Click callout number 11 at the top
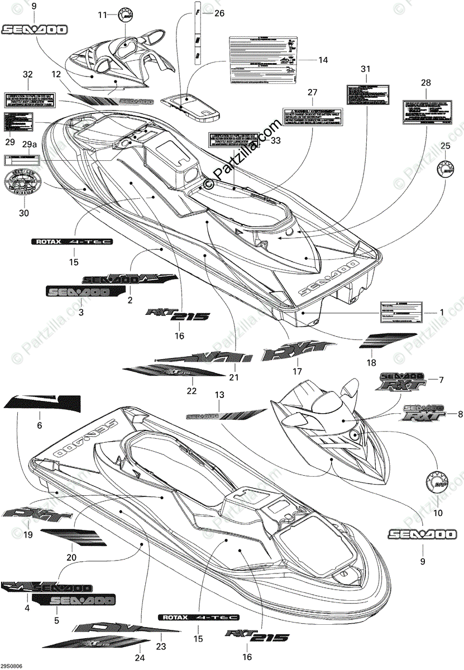click(102, 15)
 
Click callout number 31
click(365, 69)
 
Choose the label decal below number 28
click(426, 113)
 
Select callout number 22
click(192, 391)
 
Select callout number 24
click(139, 657)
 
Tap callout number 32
click(28, 74)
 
